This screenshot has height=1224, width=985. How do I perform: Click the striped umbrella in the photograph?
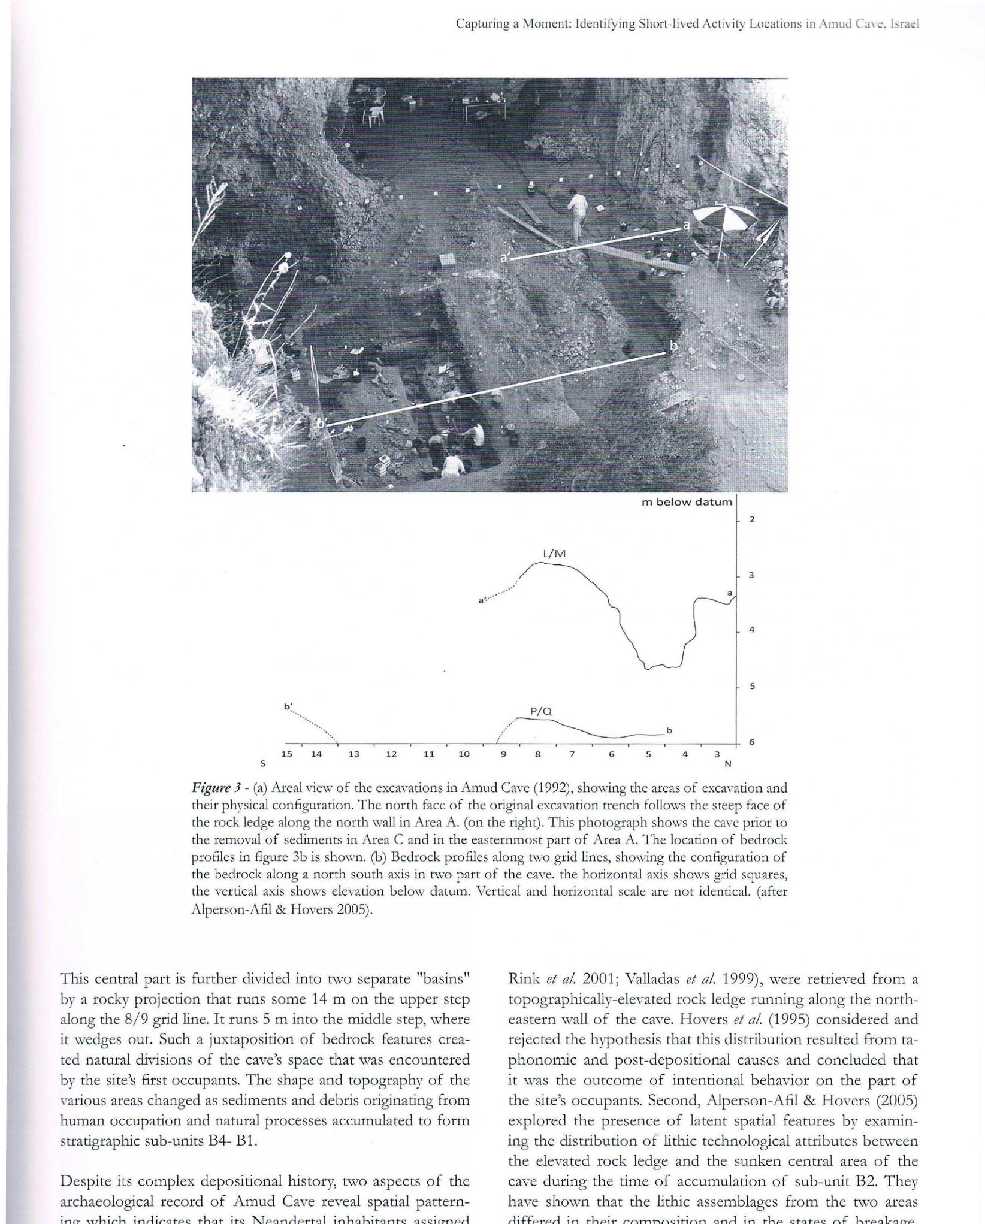724,216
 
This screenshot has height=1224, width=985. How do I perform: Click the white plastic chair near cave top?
374,114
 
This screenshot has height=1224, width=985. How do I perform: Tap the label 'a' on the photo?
687,225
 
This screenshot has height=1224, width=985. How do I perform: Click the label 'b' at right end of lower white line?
673,346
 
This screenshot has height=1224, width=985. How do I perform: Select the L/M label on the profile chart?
554,554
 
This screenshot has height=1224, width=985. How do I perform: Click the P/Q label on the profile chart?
540,711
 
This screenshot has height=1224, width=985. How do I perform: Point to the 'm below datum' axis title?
687,502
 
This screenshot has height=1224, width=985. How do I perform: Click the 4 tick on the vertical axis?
751,630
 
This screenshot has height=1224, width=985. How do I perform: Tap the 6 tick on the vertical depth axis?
751,742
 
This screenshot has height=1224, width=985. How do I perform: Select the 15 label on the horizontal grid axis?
286,754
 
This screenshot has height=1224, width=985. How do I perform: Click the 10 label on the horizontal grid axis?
464,754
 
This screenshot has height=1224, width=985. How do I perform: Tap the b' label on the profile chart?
288,706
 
